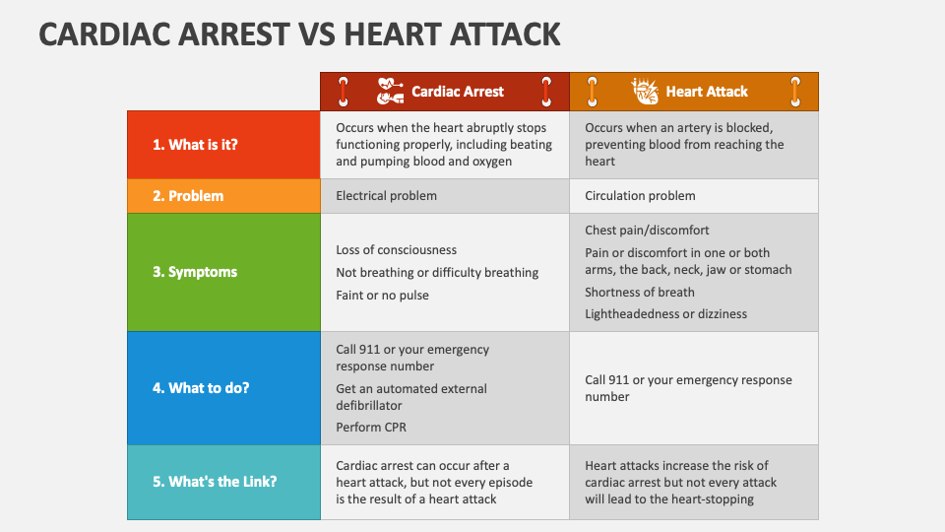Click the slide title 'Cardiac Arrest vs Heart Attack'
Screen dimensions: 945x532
coord(299,33)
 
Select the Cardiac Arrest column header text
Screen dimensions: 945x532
coord(458,92)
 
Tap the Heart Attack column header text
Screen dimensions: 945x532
coord(707,92)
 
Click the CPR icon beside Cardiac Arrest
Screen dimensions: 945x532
coord(390,91)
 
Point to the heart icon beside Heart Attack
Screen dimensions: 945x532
coord(645,91)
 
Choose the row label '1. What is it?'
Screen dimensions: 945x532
coord(195,145)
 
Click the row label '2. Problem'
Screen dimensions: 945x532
coord(188,196)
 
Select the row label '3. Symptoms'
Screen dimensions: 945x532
coord(195,272)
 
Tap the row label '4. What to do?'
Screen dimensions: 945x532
coord(201,388)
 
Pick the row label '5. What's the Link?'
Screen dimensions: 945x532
coord(215,482)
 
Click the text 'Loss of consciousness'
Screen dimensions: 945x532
coord(396,249)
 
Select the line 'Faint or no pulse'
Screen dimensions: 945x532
coord(382,295)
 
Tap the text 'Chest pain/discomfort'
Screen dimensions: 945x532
coord(647,231)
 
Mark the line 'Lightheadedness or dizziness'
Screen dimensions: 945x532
coord(666,313)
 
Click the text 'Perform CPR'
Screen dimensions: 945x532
coord(371,427)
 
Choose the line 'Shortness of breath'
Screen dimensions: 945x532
coord(640,292)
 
